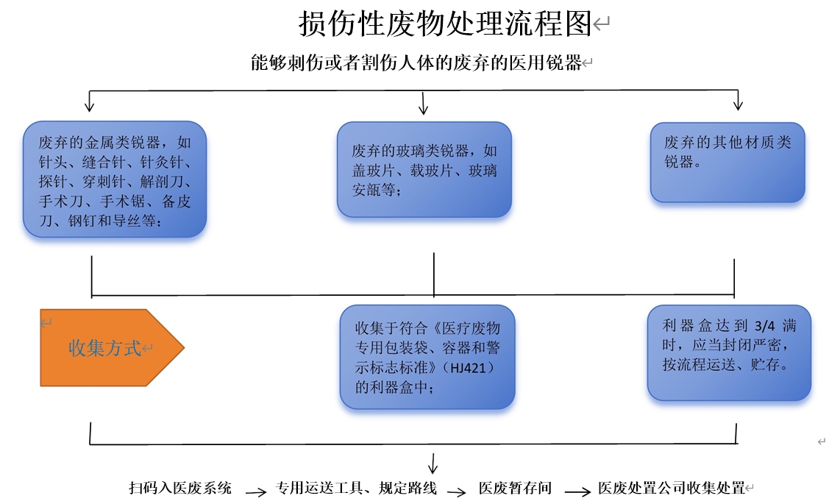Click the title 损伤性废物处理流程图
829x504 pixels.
[x=444, y=24]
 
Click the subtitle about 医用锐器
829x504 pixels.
[x=416, y=63]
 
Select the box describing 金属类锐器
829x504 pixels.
[x=115, y=180]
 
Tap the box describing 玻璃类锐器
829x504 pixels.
[x=424, y=170]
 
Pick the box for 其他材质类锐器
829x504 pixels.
[x=727, y=163]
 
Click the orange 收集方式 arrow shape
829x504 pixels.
[x=112, y=347]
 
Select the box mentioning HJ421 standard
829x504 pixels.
[x=427, y=357]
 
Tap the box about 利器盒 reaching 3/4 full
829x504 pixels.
[x=729, y=352]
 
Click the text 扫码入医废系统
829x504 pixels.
[x=180, y=488]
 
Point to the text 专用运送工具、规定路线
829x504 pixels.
[x=356, y=488]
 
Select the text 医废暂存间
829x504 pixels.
[x=515, y=488]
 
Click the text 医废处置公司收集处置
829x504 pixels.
[x=672, y=488]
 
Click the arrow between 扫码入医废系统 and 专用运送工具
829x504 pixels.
[x=256, y=492]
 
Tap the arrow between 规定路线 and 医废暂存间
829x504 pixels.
[x=456, y=492]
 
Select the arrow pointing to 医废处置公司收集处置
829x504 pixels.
[x=577, y=491]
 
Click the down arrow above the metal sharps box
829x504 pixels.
[x=89, y=101]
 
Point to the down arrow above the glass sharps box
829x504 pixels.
[x=423, y=103]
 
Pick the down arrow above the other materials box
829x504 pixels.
[x=738, y=100]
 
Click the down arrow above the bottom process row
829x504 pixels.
[x=433, y=464]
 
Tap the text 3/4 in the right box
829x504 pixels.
[x=764, y=326]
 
